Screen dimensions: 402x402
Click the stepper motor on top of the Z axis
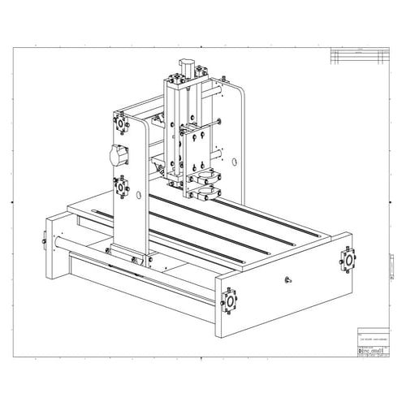186,64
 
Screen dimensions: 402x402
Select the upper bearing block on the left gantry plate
122,126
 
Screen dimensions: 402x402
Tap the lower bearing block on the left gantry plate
121,184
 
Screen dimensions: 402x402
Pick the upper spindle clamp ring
204,174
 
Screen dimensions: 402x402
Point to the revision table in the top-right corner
357,55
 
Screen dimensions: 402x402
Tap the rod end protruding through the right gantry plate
219,122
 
